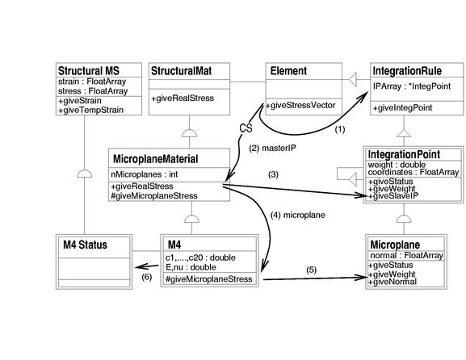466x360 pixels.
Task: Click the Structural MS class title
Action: point(89,71)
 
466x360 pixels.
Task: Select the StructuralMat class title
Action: point(181,71)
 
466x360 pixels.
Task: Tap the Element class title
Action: point(288,71)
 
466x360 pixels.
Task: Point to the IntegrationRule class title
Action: point(407,71)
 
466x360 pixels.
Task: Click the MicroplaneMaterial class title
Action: point(155,159)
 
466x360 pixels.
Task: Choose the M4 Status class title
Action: point(85,245)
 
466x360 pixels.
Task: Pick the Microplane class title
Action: point(395,245)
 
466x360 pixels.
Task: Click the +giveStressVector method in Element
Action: point(300,105)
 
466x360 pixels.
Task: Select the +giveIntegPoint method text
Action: point(402,108)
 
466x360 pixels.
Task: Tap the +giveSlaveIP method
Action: point(393,196)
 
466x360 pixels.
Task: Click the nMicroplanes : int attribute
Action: point(144,174)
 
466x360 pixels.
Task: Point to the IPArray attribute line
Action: point(412,86)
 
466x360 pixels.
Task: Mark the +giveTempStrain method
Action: point(90,111)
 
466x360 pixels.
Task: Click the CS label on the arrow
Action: point(246,128)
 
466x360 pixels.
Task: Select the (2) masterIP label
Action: point(272,148)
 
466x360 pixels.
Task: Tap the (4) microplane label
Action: point(298,215)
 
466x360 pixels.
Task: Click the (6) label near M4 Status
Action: point(147,277)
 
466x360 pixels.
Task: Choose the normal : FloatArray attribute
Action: point(406,255)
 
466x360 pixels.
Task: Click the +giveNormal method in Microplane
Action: point(393,282)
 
